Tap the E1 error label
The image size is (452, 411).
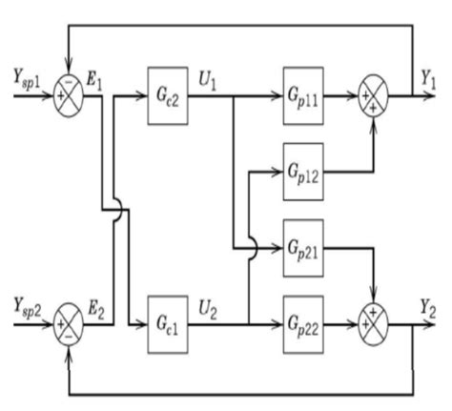[x=95, y=80]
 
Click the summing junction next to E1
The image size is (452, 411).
[x=68, y=97]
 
